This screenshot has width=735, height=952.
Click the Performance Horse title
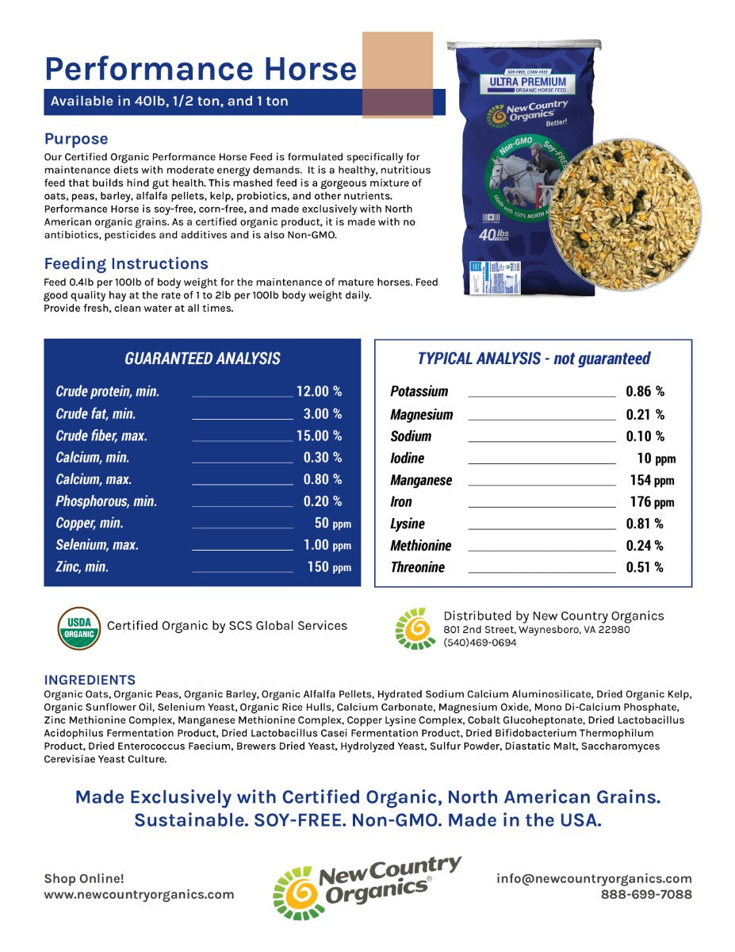(x=201, y=69)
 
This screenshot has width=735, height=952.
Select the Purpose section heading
(x=76, y=139)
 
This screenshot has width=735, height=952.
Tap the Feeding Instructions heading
(x=126, y=263)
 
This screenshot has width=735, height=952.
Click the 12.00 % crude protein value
(x=319, y=391)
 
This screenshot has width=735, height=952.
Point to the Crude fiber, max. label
(x=101, y=436)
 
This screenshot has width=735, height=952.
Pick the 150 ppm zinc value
(x=329, y=567)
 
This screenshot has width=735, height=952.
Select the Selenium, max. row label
(x=97, y=545)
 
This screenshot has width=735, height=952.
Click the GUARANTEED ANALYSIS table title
(x=202, y=359)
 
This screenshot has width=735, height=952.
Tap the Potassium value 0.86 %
(x=645, y=391)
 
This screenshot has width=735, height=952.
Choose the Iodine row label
(x=407, y=459)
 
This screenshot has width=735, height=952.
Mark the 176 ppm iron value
(x=651, y=502)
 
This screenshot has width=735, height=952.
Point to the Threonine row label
(x=417, y=567)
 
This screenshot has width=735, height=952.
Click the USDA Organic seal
(x=79, y=628)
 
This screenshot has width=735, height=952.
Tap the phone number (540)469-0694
(x=479, y=643)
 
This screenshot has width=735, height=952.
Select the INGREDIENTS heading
(x=90, y=680)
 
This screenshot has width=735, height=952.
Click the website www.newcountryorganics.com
(x=139, y=894)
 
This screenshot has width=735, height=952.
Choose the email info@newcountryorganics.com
(x=594, y=878)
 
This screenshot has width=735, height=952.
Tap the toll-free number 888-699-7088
(x=646, y=894)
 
